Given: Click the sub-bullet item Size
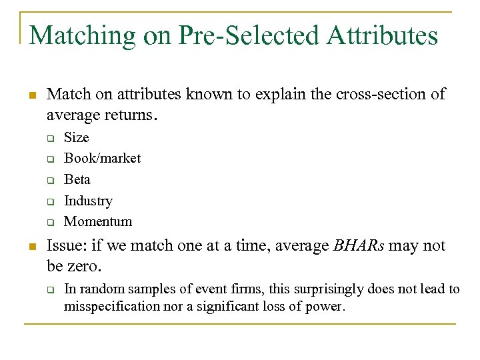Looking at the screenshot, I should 76,137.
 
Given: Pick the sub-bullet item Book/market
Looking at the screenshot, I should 102,158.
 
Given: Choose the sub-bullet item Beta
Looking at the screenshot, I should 77,179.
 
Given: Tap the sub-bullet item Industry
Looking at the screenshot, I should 88,201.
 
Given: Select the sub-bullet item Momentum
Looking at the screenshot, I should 98,221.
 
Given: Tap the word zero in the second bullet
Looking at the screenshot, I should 85,267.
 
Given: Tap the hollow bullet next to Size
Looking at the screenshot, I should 49,138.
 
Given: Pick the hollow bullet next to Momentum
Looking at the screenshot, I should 49,222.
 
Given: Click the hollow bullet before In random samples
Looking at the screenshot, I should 49,290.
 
